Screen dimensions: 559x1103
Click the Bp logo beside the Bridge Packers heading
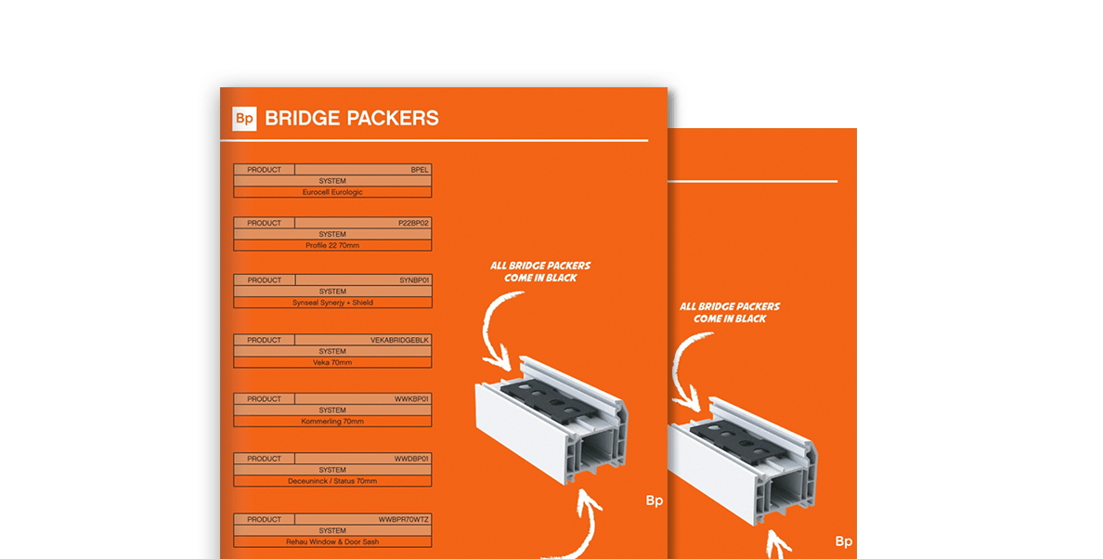pyautogui.click(x=244, y=119)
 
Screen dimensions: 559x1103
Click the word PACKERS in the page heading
pyautogui.click(x=392, y=119)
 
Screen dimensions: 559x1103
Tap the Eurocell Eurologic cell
pyautogui.click(x=332, y=192)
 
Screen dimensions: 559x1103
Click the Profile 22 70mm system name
pyautogui.click(x=332, y=245)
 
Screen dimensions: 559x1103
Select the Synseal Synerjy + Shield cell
pyautogui.click(x=332, y=303)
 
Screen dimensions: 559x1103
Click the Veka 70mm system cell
pyautogui.click(x=332, y=363)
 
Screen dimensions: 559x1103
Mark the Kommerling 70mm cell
pyautogui.click(x=332, y=422)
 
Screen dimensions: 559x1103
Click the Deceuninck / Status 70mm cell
pyautogui.click(x=332, y=481)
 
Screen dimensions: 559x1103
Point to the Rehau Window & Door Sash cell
pyautogui.click(x=332, y=541)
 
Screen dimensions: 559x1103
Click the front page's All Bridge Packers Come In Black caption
pyautogui.click(x=539, y=271)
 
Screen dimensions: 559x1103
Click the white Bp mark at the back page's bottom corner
pyautogui.click(x=844, y=541)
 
